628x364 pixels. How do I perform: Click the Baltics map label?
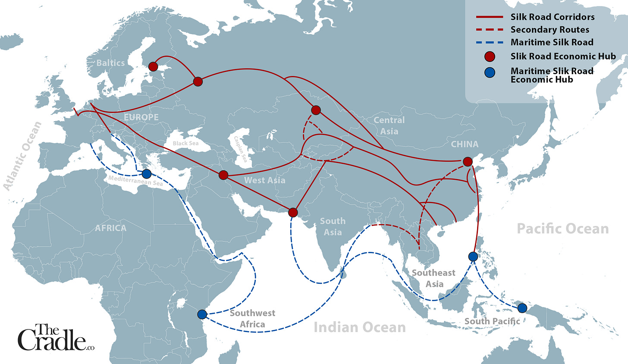pyautogui.click(x=110, y=63)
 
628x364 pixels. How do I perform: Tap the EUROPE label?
pyautogui.click(x=141, y=117)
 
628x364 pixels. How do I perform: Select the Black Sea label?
pyautogui.click(x=185, y=143)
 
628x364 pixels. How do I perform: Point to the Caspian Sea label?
pyautogui.click(x=240, y=149)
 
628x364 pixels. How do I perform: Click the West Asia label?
pyautogui.click(x=264, y=180)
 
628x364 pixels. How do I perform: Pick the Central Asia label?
pyautogui.click(x=389, y=126)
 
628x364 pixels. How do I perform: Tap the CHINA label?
pyautogui.click(x=465, y=144)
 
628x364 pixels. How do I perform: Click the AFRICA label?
pyautogui.click(x=111, y=228)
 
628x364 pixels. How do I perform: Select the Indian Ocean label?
pyautogui.click(x=359, y=327)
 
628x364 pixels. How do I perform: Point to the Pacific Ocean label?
pyautogui.click(x=562, y=229)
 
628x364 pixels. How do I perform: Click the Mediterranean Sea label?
pyautogui.click(x=135, y=181)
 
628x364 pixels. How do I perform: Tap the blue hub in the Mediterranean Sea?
pyautogui.click(x=147, y=174)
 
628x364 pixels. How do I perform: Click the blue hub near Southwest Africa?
pyautogui.click(x=201, y=314)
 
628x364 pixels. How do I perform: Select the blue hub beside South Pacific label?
pyautogui.click(x=522, y=308)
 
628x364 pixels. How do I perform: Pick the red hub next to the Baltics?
pyautogui.click(x=153, y=66)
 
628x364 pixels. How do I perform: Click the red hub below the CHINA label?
pyautogui.click(x=467, y=162)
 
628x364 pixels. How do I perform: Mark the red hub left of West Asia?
pyautogui.click(x=223, y=175)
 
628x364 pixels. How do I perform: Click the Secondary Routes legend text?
pyautogui.click(x=549, y=30)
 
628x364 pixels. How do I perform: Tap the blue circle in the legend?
pyautogui.click(x=490, y=73)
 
